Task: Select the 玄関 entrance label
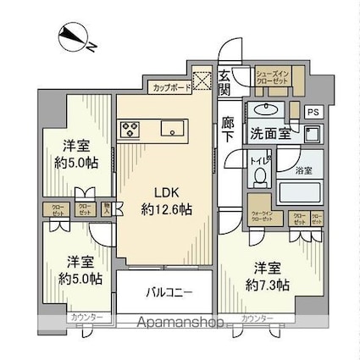click(x=224, y=82)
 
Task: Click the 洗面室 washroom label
click(x=269, y=134)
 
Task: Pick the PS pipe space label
click(x=313, y=111)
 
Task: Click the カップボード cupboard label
click(x=170, y=87)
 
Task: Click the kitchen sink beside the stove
click(x=171, y=130)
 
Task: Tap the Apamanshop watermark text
click(x=180, y=323)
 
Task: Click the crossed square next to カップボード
click(x=205, y=81)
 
